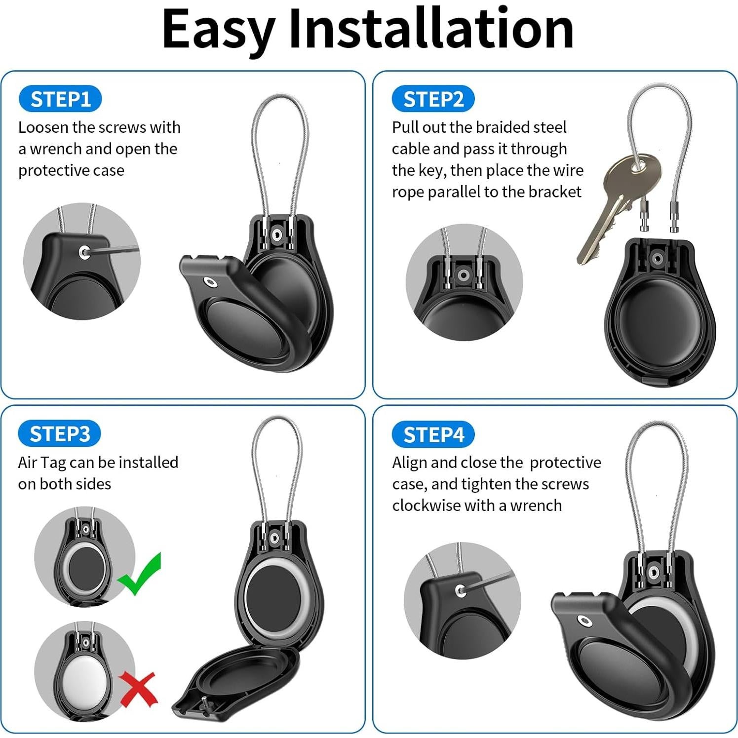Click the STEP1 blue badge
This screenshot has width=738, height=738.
[x=60, y=99]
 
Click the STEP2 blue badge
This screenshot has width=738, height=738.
[x=433, y=99]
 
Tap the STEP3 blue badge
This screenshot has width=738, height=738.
[x=60, y=434]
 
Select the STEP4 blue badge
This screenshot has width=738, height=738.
[x=433, y=435]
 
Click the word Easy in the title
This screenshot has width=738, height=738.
[x=218, y=30]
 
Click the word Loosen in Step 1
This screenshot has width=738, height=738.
[x=43, y=127]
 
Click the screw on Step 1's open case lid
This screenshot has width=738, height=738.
[x=211, y=282]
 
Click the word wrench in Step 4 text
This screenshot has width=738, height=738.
[x=536, y=505]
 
